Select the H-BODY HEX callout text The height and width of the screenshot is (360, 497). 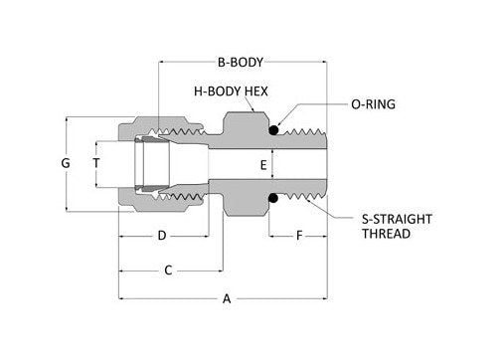231,90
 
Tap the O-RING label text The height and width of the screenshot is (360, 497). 374,103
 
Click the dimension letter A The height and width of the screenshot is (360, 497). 226,298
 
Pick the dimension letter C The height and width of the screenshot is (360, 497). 168,270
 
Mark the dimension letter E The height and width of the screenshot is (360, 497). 262,165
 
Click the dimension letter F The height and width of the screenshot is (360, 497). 298,236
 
